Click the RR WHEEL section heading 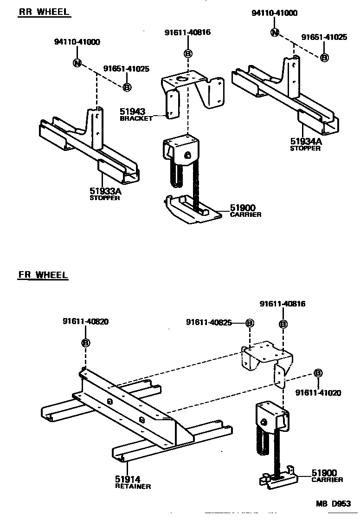44,12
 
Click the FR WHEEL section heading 43,274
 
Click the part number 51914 128,479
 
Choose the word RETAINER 133,486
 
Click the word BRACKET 136,118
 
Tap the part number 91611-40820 86,321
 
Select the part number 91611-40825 209,322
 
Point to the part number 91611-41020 318,393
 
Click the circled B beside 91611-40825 249,322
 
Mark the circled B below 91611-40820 86,343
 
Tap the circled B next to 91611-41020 318,373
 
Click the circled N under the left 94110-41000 77,63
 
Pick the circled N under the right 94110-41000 275,33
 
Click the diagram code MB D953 334,503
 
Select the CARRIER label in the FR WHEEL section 328,480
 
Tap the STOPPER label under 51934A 305,149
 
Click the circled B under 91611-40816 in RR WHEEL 188,54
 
